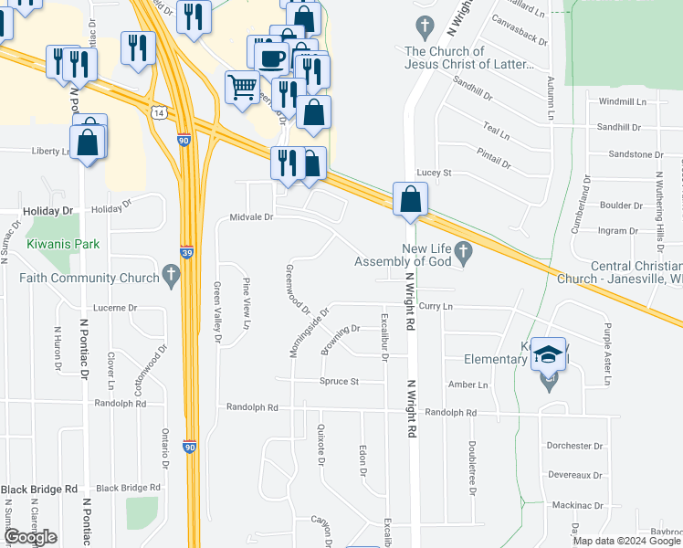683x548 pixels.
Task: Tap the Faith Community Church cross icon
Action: click(x=170, y=275)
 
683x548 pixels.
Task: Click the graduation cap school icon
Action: click(x=548, y=355)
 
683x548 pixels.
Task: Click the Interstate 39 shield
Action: click(x=185, y=250)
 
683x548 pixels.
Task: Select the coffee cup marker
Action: click(x=271, y=58)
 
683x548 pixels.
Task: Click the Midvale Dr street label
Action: click(x=251, y=217)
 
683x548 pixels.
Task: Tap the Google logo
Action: click(x=30, y=537)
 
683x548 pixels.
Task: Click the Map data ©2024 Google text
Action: click(x=626, y=541)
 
